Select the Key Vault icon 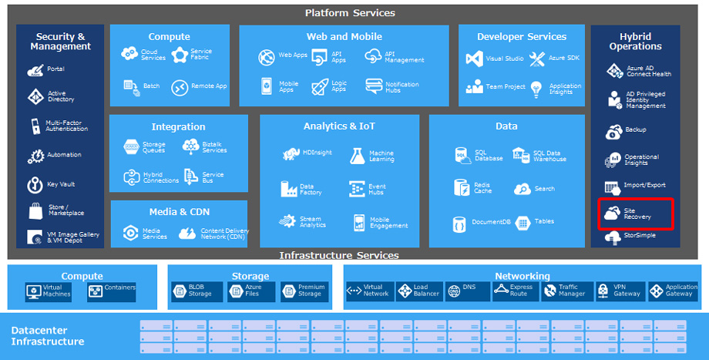point(35,185)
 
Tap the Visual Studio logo point(474,59)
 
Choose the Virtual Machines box point(49,291)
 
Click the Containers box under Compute point(112,291)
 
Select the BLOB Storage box point(195,291)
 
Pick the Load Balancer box point(419,291)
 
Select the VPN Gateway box point(618,291)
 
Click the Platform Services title point(350,13)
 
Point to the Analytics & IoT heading point(339,126)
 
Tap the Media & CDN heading point(180,211)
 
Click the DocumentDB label point(490,222)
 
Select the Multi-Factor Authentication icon point(35,126)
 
